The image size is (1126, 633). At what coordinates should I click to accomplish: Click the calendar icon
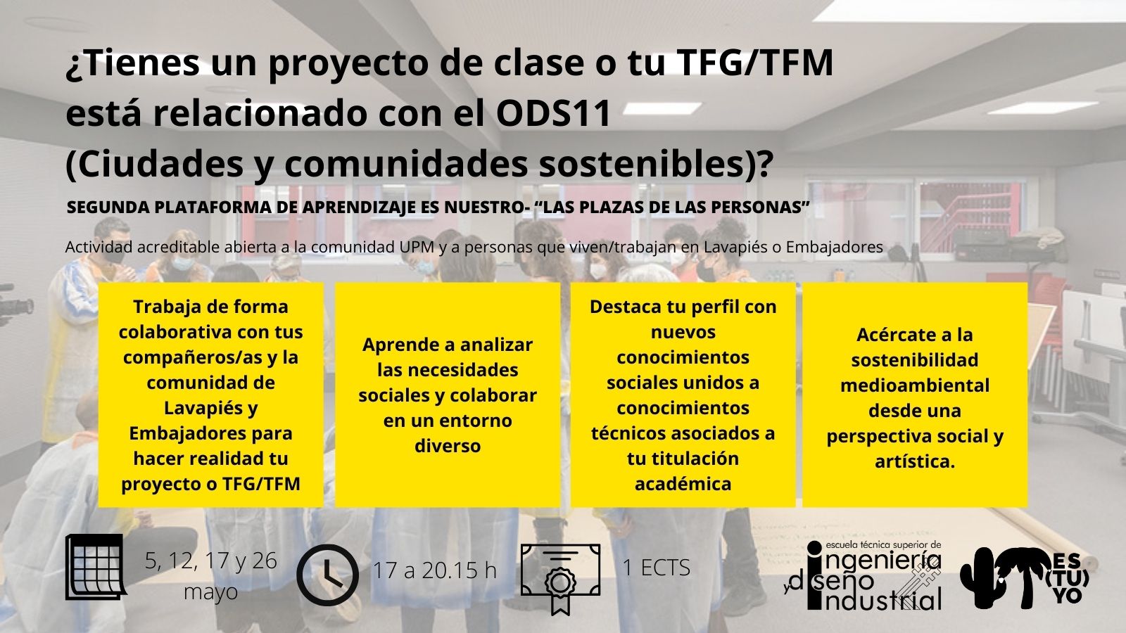coord(96,567)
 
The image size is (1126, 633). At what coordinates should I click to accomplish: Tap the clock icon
coord(328,575)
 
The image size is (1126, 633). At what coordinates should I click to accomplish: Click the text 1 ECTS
coord(657,567)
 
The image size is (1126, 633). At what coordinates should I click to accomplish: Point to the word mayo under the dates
coord(210,592)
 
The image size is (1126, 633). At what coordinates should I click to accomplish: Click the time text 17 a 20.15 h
coord(435,570)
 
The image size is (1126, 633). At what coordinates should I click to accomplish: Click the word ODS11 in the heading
coord(553,113)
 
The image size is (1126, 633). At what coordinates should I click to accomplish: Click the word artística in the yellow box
coord(914,461)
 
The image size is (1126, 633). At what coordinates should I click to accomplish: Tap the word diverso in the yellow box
coord(448,446)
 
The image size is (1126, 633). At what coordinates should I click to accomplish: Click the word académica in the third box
coord(683,484)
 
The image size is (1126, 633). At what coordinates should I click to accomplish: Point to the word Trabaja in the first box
coord(166,307)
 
